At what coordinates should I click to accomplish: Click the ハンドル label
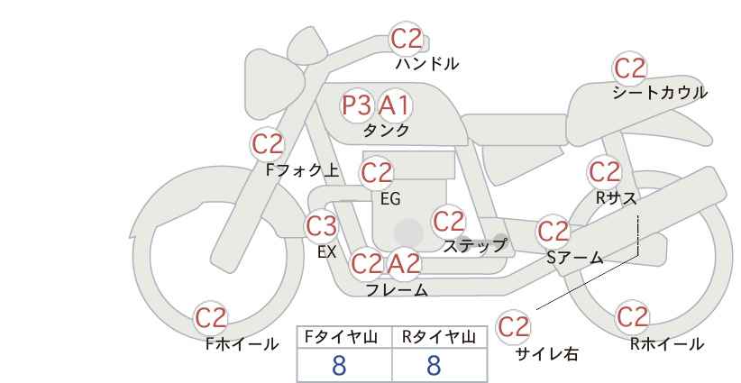pos(427,64)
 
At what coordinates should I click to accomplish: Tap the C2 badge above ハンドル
pos(406,40)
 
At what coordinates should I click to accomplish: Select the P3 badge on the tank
pos(357,105)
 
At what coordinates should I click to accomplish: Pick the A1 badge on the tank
pos(394,105)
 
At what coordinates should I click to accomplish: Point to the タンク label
pos(386,130)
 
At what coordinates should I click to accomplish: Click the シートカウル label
pos(659,93)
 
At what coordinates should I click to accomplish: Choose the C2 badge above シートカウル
pos(630,68)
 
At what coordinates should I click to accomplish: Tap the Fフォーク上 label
pos(302,168)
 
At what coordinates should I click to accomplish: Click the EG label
pos(389,199)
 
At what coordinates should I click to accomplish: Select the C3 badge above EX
pos(321,225)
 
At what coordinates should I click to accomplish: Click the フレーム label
pos(397,290)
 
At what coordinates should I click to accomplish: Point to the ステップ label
pos(475,245)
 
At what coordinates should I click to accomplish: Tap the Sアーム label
pos(574,259)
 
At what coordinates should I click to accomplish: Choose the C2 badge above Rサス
pos(604,171)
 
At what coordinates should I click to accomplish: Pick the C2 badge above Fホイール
pos(211,318)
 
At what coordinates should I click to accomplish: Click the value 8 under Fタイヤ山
pos(339,366)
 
